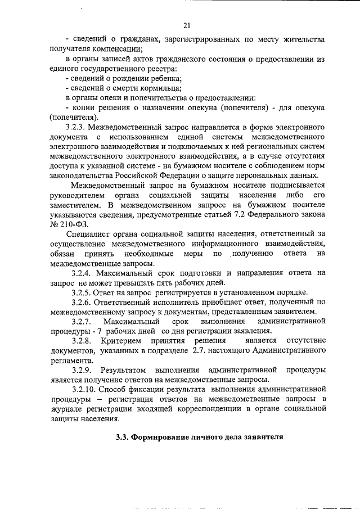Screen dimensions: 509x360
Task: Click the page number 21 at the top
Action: click(187, 25)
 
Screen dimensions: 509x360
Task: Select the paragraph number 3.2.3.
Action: click(78, 127)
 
